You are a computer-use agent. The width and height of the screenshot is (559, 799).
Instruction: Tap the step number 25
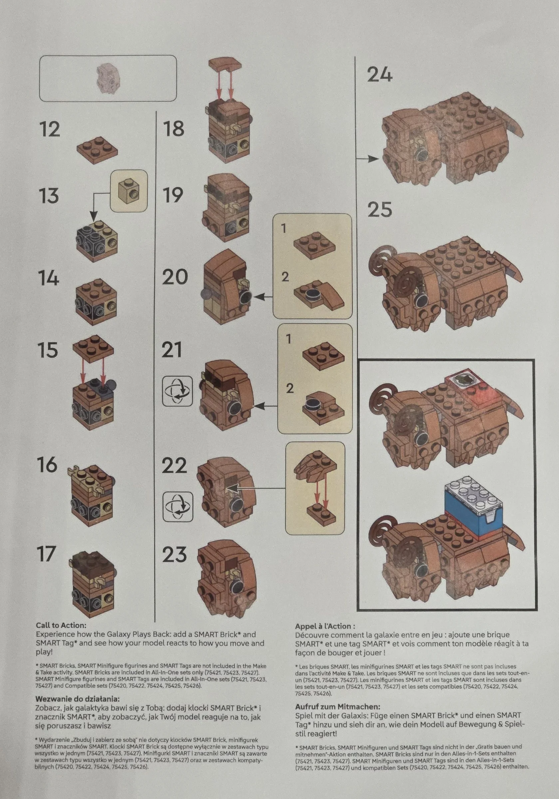(380, 209)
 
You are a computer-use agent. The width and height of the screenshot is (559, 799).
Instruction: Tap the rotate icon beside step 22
(177, 506)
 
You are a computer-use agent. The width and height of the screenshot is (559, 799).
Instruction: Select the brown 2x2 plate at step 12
(97, 148)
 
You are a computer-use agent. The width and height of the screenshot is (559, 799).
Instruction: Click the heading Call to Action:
(61, 626)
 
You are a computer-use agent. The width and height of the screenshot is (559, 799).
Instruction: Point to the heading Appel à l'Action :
(325, 627)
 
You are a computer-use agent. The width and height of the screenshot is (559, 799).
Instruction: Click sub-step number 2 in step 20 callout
(285, 277)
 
